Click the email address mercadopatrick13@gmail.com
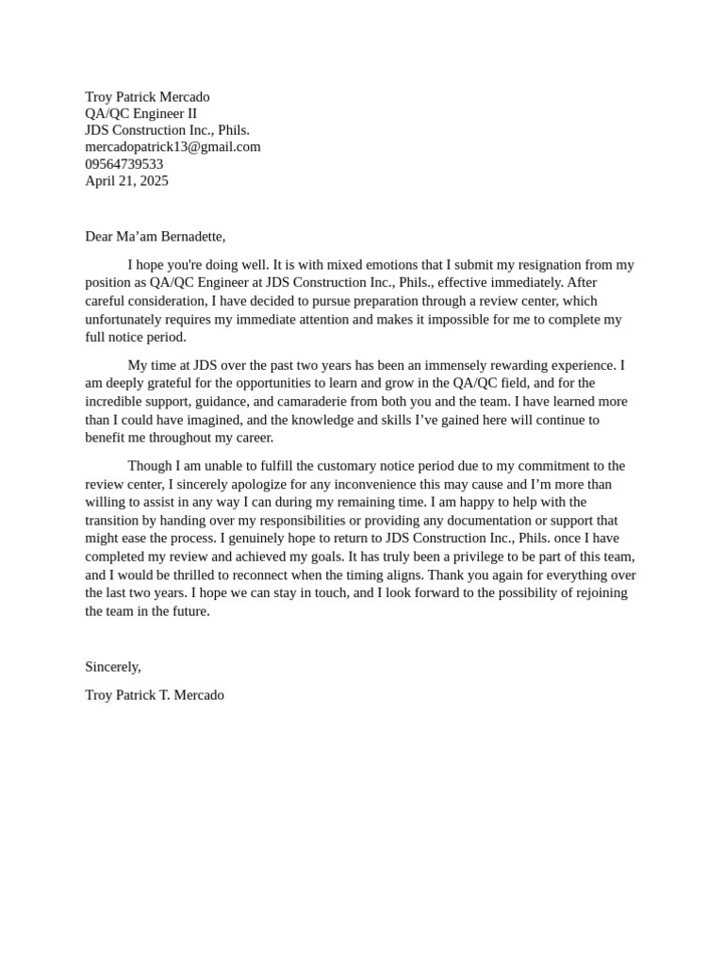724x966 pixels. (x=173, y=147)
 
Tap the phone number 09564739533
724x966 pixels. (x=123, y=164)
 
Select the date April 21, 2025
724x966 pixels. (x=126, y=181)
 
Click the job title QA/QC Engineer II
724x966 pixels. (x=140, y=114)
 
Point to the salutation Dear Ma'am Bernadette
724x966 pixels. (x=155, y=237)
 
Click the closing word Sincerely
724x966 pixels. (x=112, y=667)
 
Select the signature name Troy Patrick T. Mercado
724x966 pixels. (x=155, y=695)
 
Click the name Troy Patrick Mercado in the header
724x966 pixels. (x=147, y=97)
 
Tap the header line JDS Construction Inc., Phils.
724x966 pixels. (x=167, y=130)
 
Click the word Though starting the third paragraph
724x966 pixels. (x=149, y=466)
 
